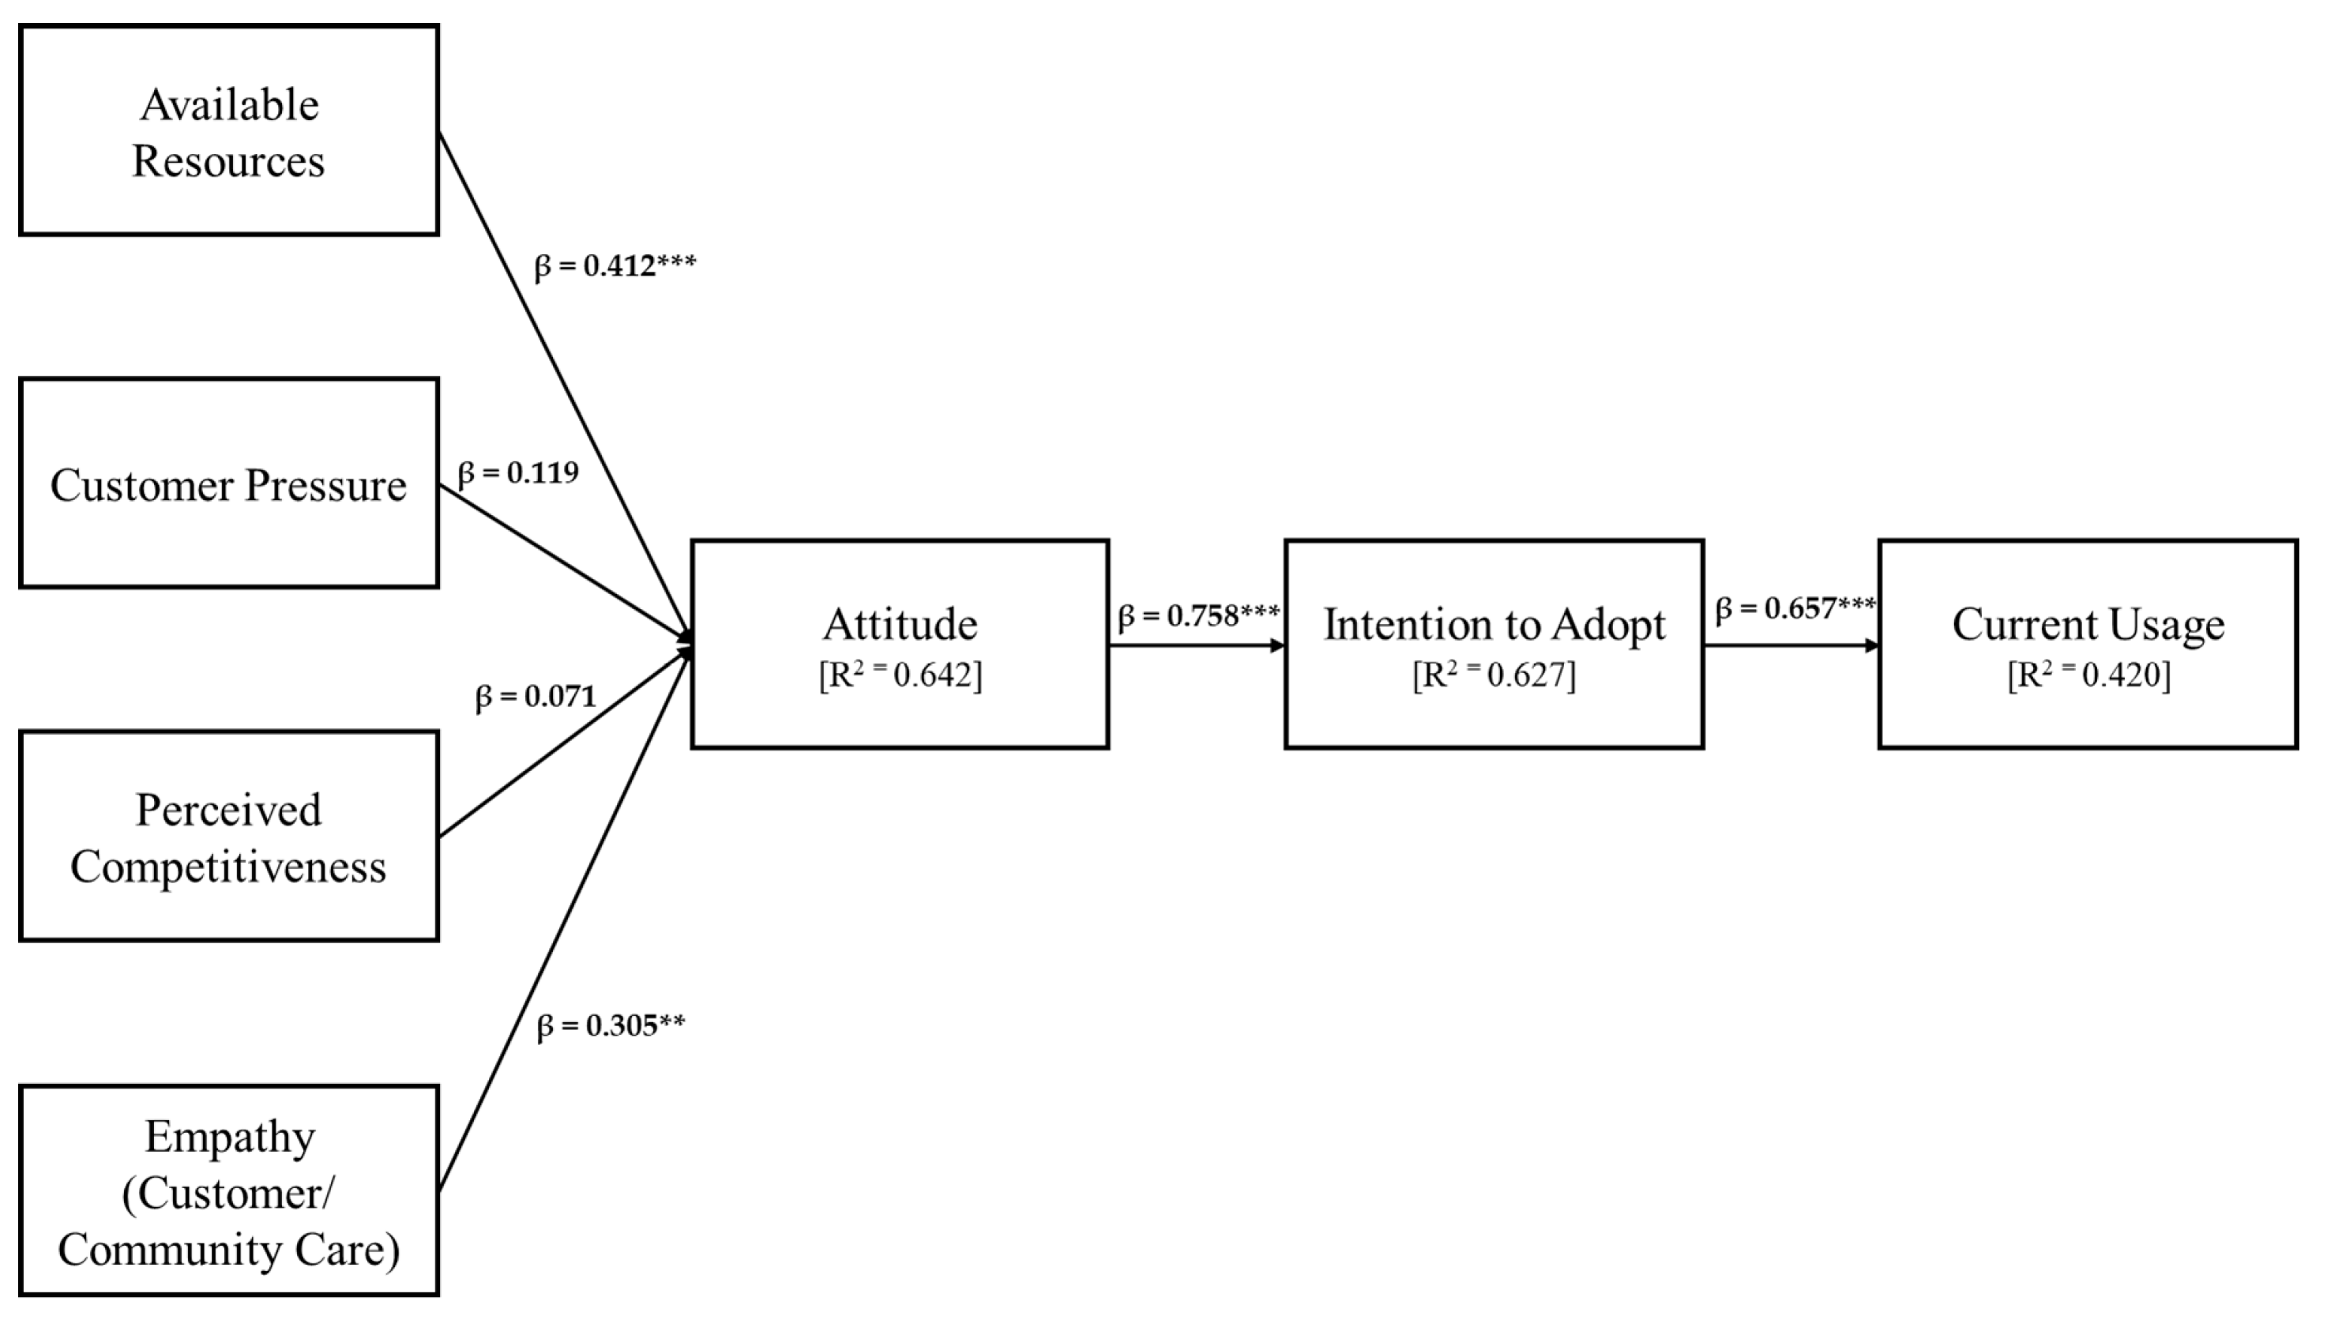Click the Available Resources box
pyautogui.click(x=228, y=130)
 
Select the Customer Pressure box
pyautogui.click(x=228, y=483)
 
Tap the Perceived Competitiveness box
pyautogui.click(x=228, y=836)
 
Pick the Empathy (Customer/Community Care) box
pyautogui.click(x=228, y=1190)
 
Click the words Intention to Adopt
pyautogui.click(x=1494, y=624)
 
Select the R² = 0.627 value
pyautogui.click(x=1494, y=675)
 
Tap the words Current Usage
pyautogui.click(x=2088, y=624)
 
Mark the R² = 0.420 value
pyautogui.click(x=2088, y=675)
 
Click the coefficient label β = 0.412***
pyautogui.click(x=615, y=266)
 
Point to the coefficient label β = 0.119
pyautogui.click(x=517, y=473)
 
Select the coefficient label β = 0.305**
pyautogui.click(x=610, y=1025)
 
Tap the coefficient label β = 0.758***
pyautogui.click(x=1198, y=616)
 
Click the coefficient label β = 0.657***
pyautogui.click(x=1795, y=608)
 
